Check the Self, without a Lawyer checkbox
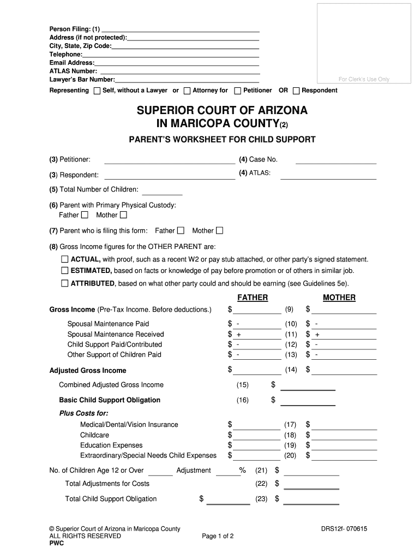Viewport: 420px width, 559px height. pos(97,91)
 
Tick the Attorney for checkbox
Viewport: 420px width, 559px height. pos(187,91)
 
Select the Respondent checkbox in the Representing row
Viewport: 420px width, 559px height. pos(296,91)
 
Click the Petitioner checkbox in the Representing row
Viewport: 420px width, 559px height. pos(238,91)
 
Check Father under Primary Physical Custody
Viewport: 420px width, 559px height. pos(84,215)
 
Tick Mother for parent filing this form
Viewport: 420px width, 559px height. pos(220,230)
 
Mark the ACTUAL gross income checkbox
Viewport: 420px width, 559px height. pos(65,259)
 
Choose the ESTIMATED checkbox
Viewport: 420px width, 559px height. pos(65,270)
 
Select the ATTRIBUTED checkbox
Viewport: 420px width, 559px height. pos(65,283)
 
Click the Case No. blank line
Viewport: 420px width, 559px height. pos(335,162)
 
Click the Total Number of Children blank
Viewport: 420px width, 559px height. pos(163,193)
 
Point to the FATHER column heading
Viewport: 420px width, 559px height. pos(253,298)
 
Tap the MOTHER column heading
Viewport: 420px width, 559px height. pos(339,298)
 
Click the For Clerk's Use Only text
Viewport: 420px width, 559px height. pos(364,80)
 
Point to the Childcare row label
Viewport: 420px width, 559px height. pos(94,435)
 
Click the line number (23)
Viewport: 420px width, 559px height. pos(261,498)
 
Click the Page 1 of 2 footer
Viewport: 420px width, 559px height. pos(218,536)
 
